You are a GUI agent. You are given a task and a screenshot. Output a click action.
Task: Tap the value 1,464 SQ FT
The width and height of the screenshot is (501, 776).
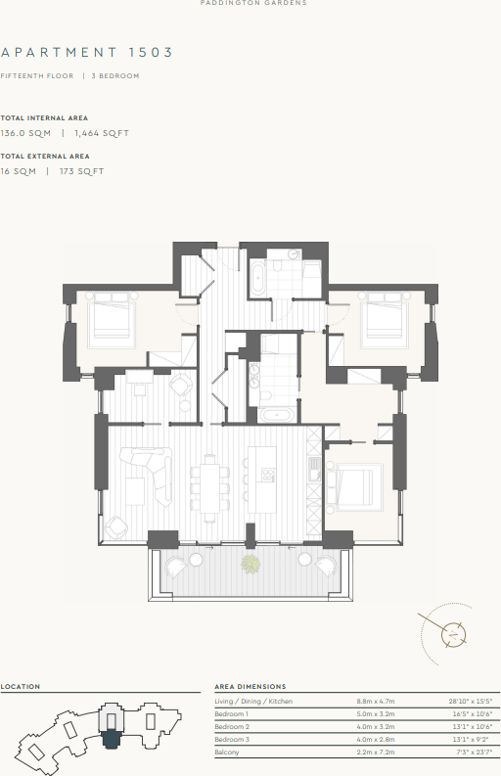tap(102, 132)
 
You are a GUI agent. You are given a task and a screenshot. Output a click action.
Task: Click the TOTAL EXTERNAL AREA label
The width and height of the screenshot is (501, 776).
tap(45, 156)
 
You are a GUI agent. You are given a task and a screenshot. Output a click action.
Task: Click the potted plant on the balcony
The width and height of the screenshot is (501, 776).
tap(251, 563)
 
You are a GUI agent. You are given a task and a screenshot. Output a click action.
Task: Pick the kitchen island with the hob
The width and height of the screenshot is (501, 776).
tap(262, 479)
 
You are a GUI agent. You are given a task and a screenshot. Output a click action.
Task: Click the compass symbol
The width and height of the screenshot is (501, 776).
tap(452, 633)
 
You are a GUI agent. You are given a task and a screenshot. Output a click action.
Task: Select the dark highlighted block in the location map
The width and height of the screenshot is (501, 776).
tap(113, 730)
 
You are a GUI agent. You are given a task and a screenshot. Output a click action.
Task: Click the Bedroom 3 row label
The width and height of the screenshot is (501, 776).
tap(233, 739)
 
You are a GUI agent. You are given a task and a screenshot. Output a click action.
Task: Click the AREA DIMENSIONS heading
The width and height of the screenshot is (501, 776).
tap(250, 687)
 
